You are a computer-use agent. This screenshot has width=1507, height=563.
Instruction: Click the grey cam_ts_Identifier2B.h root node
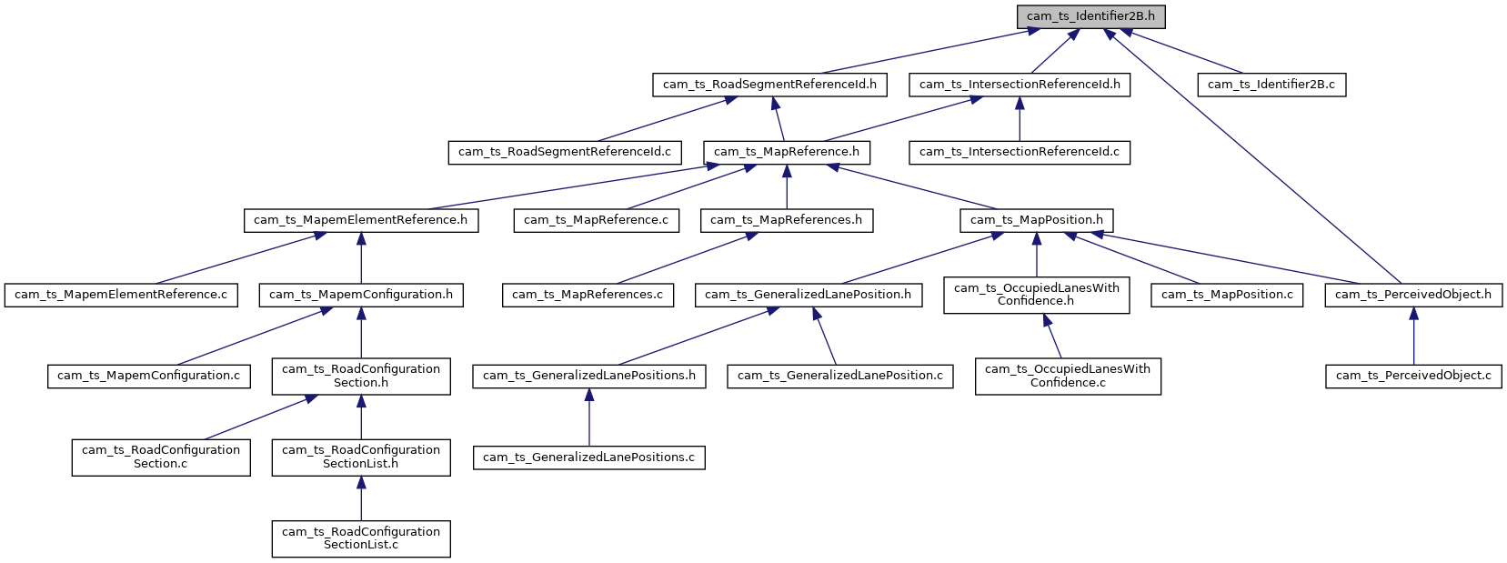coord(1090,16)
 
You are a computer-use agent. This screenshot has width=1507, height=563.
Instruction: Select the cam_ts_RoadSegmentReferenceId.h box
coord(769,85)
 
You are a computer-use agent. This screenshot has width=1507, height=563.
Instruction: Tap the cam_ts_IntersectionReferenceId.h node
coord(1020,85)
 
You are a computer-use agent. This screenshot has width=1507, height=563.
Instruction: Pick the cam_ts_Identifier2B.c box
coord(1271,85)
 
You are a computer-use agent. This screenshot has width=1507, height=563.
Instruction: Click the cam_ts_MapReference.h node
coord(786,152)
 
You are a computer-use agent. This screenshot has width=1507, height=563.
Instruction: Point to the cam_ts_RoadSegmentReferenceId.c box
coord(564,152)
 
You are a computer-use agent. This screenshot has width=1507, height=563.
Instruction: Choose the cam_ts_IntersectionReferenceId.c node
coord(1019,152)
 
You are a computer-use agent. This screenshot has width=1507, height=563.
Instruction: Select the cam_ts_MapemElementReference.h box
coord(360,220)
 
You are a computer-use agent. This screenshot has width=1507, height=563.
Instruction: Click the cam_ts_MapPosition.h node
coord(1036,220)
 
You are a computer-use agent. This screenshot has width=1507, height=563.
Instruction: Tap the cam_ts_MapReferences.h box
coord(786,220)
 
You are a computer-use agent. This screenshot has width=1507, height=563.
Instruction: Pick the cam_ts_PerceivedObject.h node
coord(1412,295)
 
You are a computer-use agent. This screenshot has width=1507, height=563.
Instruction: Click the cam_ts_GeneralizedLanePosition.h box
coord(808,295)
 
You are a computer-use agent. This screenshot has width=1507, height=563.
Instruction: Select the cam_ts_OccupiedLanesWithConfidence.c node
coord(1068,376)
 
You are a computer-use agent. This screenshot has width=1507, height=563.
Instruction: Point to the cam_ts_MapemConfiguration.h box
coord(360,295)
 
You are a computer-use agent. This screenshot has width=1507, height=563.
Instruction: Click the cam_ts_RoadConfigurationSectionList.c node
coord(360,538)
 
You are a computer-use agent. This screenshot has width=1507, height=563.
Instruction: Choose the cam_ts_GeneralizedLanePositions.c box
coord(588,457)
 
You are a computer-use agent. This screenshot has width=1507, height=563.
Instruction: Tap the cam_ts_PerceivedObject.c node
coord(1412,376)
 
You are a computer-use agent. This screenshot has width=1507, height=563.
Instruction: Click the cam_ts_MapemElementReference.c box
coord(121,295)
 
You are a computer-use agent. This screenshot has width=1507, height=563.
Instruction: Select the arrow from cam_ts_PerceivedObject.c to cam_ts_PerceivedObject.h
coord(1413,336)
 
